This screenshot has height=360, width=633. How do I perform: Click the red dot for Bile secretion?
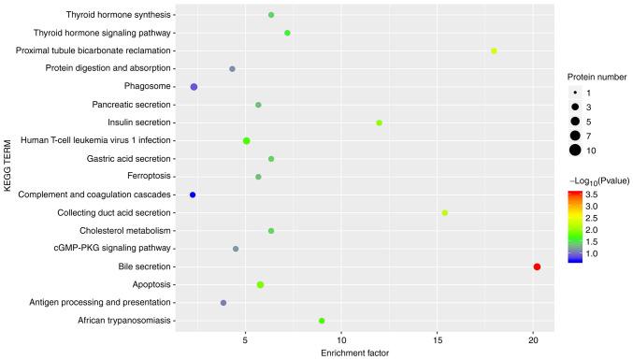click(537, 266)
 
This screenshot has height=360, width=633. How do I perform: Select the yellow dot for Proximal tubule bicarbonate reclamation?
click(494, 50)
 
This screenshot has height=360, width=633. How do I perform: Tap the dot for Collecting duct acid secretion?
click(444, 213)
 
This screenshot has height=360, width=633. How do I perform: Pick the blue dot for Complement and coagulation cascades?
click(193, 194)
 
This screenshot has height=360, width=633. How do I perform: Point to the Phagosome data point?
click(194, 87)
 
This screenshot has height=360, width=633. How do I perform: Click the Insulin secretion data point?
click(379, 122)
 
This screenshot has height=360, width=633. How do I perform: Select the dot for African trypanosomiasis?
click(322, 321)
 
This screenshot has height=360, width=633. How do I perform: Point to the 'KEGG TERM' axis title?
click(8, 168)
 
